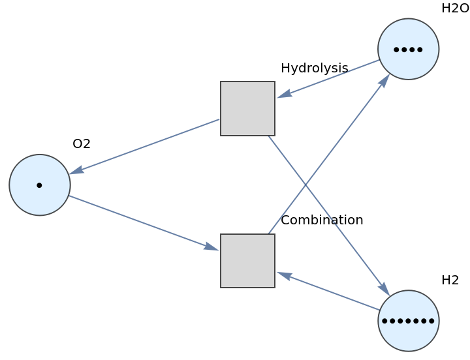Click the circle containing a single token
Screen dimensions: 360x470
coord(40,185)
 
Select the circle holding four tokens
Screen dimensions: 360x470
coord(408,49)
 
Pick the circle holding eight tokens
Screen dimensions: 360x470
coord(408,320)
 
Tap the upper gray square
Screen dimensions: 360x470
coord(247,108)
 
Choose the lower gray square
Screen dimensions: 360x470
coord(247,260)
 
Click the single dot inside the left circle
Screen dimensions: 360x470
coord(39,185)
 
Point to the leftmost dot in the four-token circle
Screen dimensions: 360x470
coord(396,50)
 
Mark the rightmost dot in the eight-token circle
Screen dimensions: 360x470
coord(431,321)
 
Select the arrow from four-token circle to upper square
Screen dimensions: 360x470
coord(328,79)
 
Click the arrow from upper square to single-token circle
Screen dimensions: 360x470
coord(145,146)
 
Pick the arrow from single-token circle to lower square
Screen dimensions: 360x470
coord(144,222)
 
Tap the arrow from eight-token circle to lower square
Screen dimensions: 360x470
coord(328,291)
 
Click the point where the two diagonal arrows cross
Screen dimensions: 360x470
coord(305,185)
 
